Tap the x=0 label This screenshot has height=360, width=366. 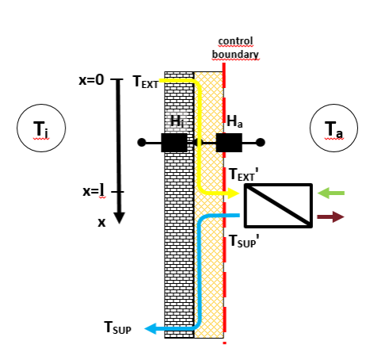(x=92, y=80)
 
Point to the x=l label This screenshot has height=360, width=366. (x=93, y=190)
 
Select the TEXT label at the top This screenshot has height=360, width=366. (x=145, y=82)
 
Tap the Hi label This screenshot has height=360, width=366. (x=177, y=121)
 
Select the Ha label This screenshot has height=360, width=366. (x=235, y=121)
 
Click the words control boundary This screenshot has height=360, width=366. (x=234, y=47)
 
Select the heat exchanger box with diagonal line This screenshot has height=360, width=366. (x=277, y=205)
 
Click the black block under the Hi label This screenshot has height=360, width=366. (x=173, y=143)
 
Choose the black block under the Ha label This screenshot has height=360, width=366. (x=229, y=143)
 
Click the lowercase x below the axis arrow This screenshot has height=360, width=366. (x=101, y=223)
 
